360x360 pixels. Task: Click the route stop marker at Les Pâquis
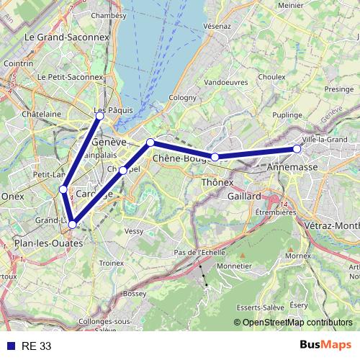point(100,116)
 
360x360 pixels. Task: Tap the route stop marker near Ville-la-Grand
point(297,149)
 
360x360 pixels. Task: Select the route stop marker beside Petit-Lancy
point(63,189)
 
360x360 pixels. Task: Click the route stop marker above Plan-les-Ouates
point(72,225)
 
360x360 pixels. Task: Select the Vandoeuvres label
point(206,83)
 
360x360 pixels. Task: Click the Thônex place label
point(217,183)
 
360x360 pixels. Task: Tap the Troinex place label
point(112,264)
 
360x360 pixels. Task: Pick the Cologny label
point(182,97)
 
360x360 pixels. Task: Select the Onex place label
point(12,195)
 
